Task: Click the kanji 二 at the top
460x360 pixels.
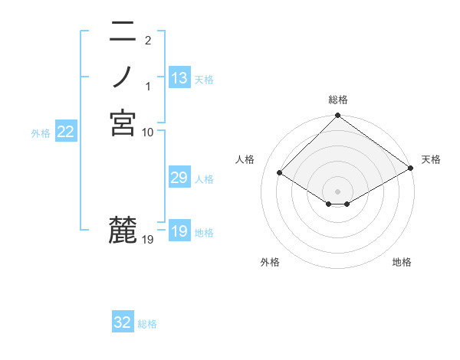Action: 123,33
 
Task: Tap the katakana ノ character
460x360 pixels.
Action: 123,77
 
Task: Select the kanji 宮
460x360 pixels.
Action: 123,123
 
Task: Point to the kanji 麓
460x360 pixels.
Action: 123,231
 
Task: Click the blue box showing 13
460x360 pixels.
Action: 179,78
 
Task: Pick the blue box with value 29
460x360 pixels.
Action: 179,178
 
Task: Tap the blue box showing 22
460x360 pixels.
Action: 66,132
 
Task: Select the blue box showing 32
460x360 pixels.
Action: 123,322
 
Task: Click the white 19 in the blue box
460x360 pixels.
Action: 179,231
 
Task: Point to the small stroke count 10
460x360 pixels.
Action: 148,133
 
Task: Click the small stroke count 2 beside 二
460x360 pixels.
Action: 147,40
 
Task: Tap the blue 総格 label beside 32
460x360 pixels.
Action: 148,324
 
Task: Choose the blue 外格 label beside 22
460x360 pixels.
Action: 41,133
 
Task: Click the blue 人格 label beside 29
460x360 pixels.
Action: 205,179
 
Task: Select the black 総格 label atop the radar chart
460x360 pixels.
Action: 337,100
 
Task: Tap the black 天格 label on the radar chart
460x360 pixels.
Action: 431,159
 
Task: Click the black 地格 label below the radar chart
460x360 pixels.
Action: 402,263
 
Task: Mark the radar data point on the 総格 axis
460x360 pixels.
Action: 337,116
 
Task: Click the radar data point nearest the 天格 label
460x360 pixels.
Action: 410,168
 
